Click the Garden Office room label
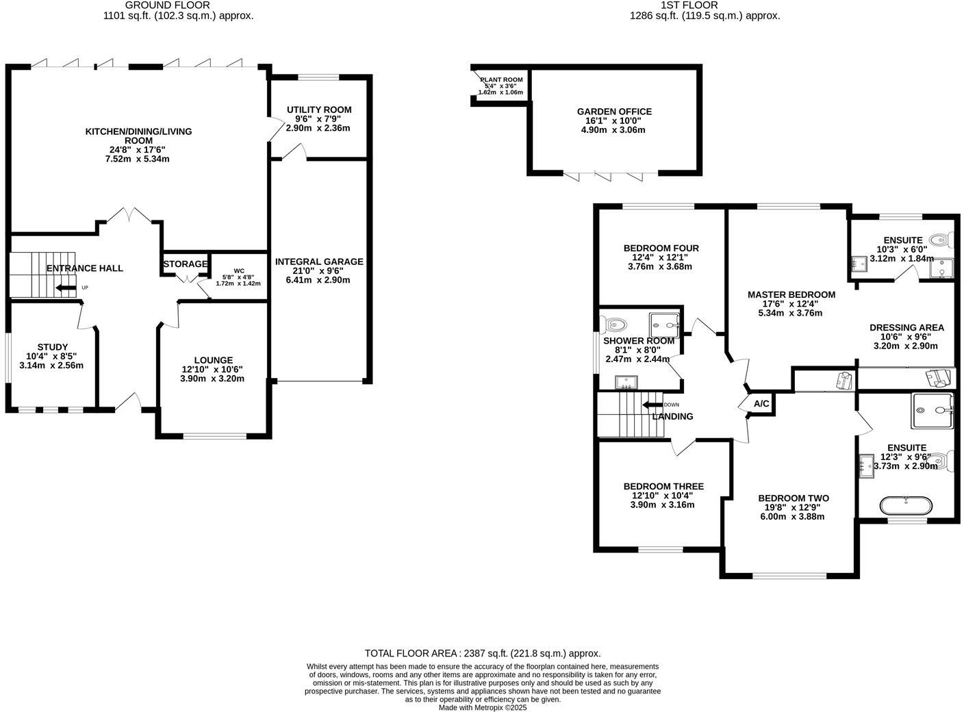click(x=614, y=112)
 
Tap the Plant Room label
click(x=501, y=80)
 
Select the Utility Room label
click(x=319, y=110)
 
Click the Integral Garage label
click(x=319, y=262)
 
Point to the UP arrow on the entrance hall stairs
click(x=66, y=288)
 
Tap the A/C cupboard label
click(x=761, y=404)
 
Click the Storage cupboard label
click(x=185, y=264)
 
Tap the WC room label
click(x=238, y=270)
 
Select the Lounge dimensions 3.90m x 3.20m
click(x=212, y=379)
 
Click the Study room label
click(x=53, y=347)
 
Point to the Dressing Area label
click(x=906, y=327)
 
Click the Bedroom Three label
click(x=663, y=486)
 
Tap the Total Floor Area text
click(x=483, y=653)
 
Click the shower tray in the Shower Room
click(x=664, y=319)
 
